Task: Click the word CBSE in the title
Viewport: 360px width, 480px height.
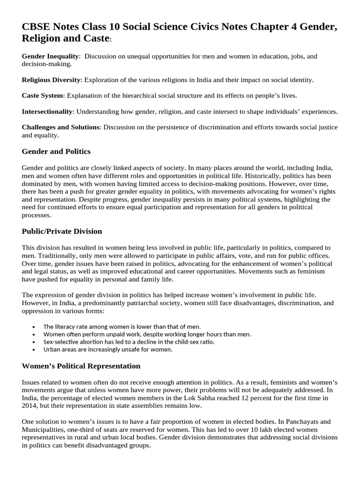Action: tap(37, 28)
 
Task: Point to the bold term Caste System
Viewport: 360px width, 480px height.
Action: tap(43, 96)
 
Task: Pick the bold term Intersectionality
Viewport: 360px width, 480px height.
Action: tap(47, 112)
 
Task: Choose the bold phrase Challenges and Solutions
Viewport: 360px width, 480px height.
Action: tap(60, 127)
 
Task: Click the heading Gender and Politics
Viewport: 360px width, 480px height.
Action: tap(56, 152)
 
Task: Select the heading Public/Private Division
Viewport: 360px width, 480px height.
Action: tap(62, 232)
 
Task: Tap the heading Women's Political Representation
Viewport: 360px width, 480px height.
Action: tap(81, 366)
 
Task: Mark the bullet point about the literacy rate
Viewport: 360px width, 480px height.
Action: tap(122, 326)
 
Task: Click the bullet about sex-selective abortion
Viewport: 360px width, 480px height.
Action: tap(129, 342)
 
